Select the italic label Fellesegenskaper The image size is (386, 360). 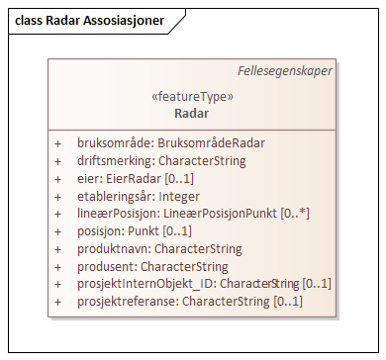pyautogui.click(x=285, y=71)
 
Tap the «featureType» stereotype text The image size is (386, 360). pyautogui.click(x=191, y=97)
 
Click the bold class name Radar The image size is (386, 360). pyautogui.click(x=191, y=113)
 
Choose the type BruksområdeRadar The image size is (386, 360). pyautogui.click(x=211, y=142)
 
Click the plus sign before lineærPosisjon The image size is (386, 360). pyautogui.click(x=57, y=214)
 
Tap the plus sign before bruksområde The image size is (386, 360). pyautogui.click(x=57, y=142)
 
